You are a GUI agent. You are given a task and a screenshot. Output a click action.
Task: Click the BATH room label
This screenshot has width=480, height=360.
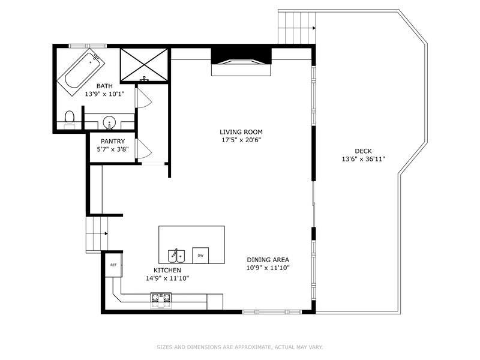[104, 86]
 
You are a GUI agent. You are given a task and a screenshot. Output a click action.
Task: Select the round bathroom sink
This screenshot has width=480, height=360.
[109, 122]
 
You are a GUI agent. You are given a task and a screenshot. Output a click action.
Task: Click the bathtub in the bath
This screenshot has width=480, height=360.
[81, 72]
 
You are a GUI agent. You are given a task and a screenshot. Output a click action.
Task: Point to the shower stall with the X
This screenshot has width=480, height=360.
[144, 65]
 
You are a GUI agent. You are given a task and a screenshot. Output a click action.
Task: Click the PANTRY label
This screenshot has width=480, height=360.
[113, 142]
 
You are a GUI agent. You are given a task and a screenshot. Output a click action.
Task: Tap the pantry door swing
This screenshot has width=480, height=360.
[143, 148]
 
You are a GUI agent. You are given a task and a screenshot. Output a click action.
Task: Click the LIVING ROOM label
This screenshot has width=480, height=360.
[241, 132]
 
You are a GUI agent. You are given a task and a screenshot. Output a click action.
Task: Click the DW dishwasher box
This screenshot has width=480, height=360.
[200, 256]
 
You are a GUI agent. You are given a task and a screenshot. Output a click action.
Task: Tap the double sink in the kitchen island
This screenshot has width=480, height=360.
[176, 256]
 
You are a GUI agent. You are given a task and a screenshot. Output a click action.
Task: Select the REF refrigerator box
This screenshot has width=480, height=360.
[113, 265]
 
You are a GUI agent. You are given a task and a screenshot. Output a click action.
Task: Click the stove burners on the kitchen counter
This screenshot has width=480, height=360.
[161, 301]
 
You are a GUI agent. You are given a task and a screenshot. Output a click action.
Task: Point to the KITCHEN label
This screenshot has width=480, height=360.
[167, 271]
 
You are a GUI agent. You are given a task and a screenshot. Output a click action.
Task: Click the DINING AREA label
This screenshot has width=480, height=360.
[268, 260]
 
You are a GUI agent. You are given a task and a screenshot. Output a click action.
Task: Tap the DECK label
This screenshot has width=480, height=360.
[364, 151]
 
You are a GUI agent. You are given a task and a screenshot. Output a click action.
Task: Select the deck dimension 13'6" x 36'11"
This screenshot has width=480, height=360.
[364, 159]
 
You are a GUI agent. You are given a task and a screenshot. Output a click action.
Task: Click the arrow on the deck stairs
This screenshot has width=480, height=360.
[314, 28]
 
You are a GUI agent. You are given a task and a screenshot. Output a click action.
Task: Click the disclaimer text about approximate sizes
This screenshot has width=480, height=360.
[240, 347]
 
